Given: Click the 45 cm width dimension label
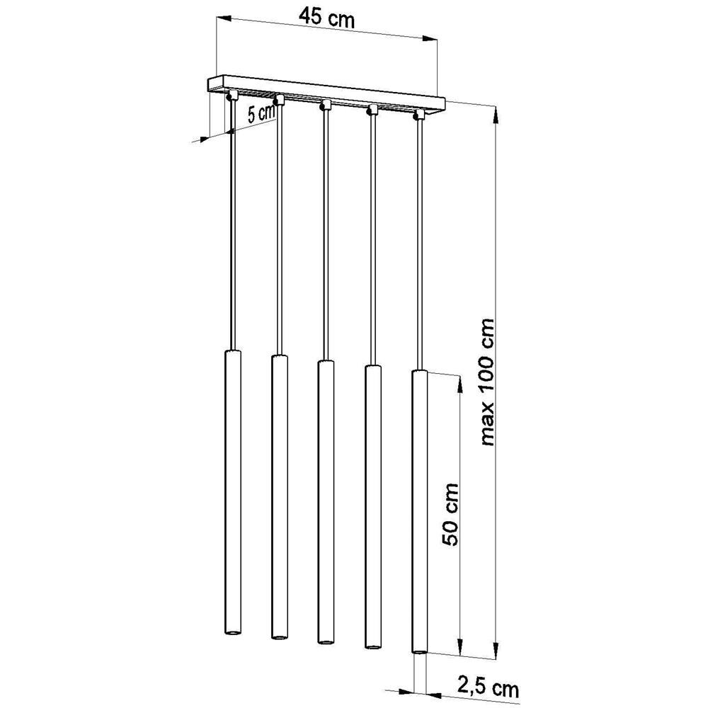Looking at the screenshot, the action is [x=327, y=18].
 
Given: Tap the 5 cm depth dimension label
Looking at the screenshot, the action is [x=261, y=113].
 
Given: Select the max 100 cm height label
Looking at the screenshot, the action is [x=488, y=382].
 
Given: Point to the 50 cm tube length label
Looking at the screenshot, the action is [x=450, y=514].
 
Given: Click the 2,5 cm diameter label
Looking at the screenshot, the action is [x=489, y=687].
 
